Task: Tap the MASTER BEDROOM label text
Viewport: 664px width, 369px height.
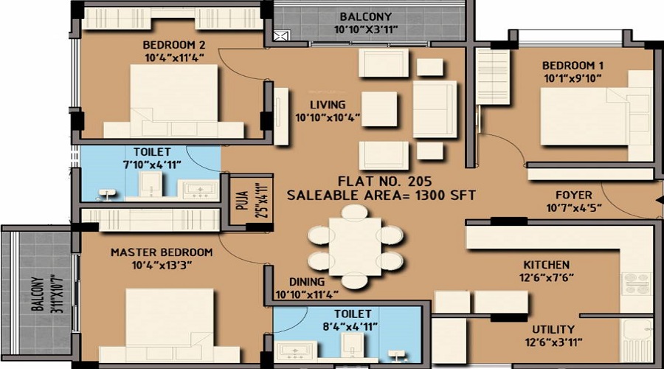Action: [x=162, y=252]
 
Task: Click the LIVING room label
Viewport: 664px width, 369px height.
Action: [x=327, y=105]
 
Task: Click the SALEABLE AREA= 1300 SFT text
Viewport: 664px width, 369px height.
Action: [x=381, y=196]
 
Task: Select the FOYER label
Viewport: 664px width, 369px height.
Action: [x=574, y=195]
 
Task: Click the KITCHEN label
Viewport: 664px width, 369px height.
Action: [x=546, y=264]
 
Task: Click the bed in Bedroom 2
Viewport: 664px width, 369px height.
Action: [x=175, y=97]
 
